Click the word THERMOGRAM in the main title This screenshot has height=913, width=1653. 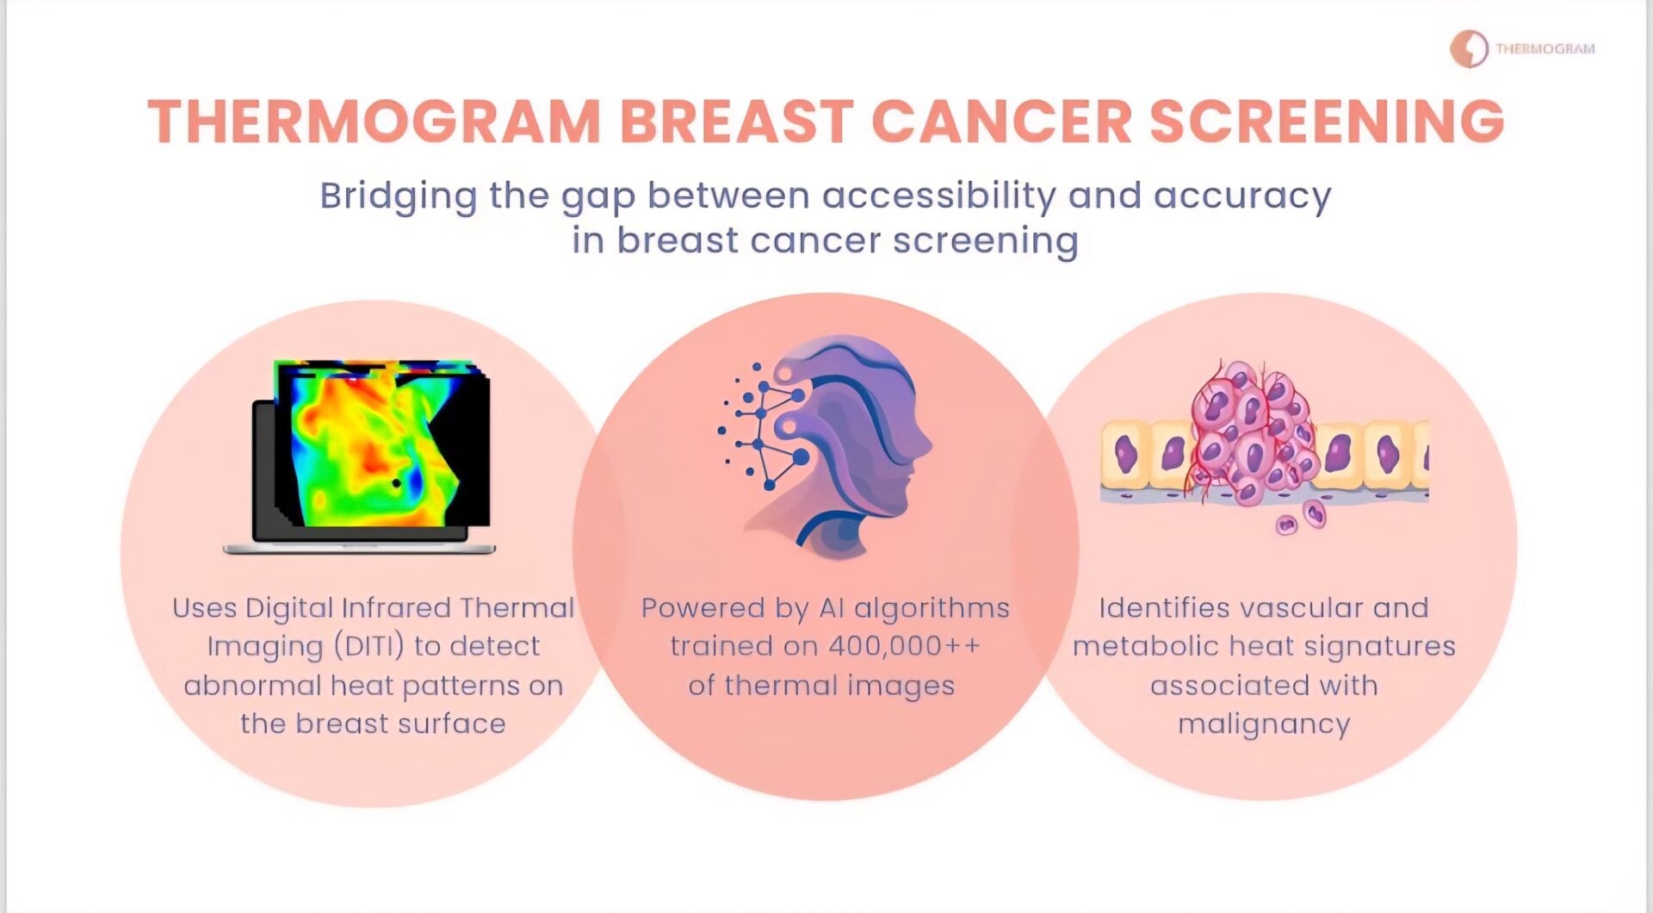(375, 121)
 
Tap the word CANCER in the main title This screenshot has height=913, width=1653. (1001, 121)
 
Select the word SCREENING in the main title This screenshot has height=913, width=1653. (1327, 121)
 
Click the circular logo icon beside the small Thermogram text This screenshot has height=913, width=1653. (1469, 49)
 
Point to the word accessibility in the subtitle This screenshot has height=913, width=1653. (938, 196)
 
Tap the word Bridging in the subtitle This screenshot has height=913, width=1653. (398, 197)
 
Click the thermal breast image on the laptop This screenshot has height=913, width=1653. (382, 443)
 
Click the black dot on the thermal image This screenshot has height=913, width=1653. (396, 482)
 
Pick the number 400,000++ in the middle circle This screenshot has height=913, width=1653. (904, 646)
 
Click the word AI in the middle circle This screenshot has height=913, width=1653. (831, 608)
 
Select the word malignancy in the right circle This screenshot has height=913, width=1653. (1264, 724)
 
